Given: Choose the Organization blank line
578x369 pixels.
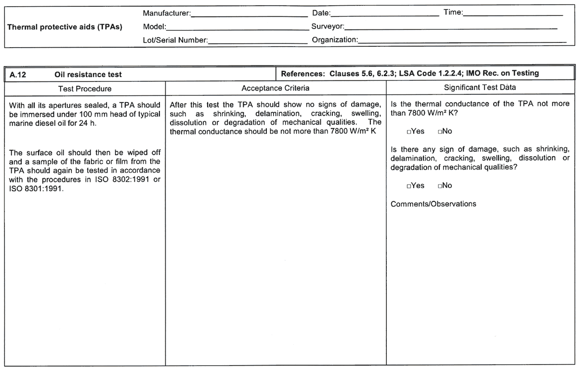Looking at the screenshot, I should pos(462,41).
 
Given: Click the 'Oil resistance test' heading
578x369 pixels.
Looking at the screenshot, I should pos(88,74).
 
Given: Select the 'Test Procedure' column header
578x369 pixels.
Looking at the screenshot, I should pos(85,88).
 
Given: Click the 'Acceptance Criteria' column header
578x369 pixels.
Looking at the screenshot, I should pos(276,88).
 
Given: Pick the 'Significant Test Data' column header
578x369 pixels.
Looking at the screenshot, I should pos(480,88).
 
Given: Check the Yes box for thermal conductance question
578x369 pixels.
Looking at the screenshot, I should pos(409,132).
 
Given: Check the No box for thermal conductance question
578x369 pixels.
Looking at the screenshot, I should pos(440,132).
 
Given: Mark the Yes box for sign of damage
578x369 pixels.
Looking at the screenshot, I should pos(409,185).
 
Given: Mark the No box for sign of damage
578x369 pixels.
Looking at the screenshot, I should pos(440,185).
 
